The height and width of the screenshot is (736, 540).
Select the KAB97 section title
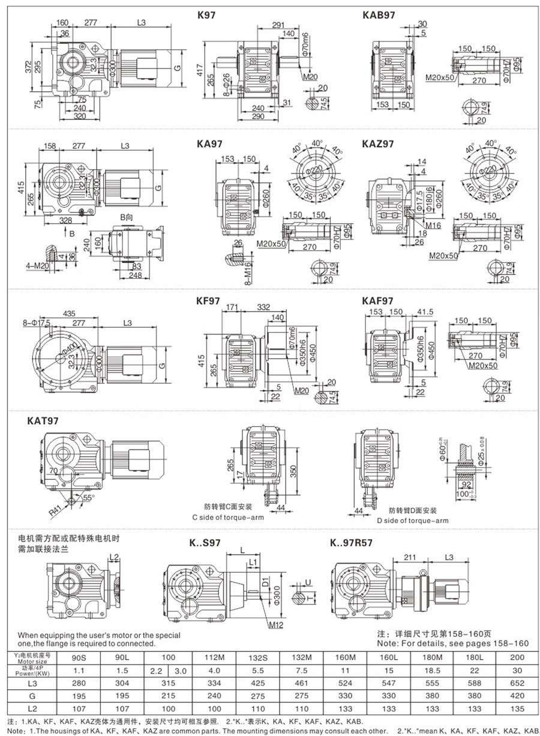pos(379,14)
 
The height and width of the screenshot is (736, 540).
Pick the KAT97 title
pos(43,420)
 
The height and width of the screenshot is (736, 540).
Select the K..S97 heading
pos(205,543)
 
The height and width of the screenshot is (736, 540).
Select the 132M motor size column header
pos(301,656)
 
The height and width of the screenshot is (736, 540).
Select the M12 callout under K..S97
pos(260,624)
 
